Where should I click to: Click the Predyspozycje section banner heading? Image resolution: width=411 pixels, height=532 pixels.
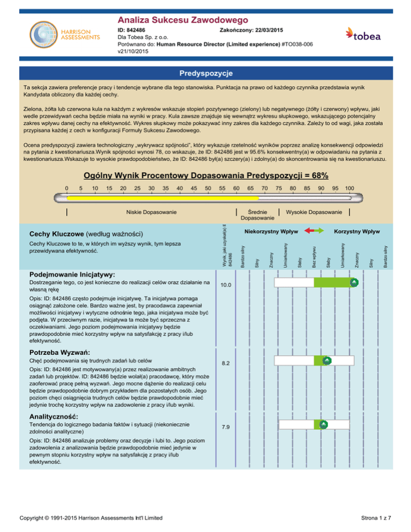tap(205, 72)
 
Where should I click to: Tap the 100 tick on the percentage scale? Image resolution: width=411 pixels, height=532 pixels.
tap(348, 188)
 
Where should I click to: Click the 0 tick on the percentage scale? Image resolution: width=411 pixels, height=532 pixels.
tap(66, 188)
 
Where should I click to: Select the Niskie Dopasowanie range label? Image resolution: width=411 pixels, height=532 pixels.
tap(151, 212)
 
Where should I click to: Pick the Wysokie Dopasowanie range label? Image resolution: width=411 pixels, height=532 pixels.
tap(314, 212)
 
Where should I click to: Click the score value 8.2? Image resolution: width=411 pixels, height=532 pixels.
tap(226, 363)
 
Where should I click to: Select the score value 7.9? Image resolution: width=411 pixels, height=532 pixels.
tap(226, 427)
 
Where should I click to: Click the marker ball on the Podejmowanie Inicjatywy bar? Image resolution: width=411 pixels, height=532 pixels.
tap(354, 282)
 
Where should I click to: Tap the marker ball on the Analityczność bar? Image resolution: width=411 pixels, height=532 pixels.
tap(323, 424)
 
